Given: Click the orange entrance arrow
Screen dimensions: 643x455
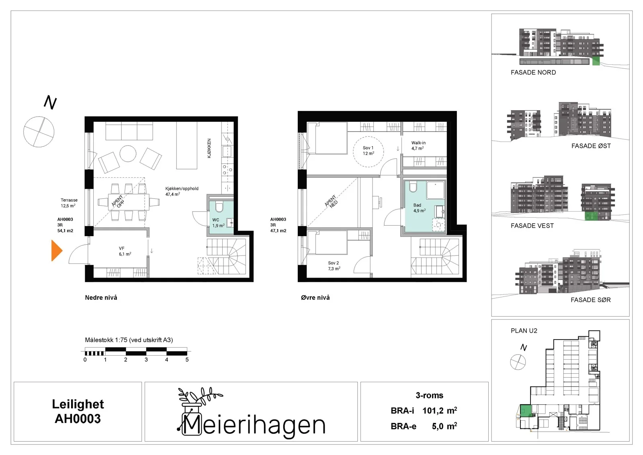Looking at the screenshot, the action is pos(57,251).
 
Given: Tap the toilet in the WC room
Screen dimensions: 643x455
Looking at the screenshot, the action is pos(219,207).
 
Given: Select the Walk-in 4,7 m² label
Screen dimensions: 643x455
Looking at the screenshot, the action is pos(418,146).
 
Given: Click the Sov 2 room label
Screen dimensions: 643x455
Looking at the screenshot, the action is pos(334,266).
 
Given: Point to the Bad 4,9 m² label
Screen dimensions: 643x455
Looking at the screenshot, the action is pos(419,208).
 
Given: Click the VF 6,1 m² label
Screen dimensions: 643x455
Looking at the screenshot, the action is pos(125,251).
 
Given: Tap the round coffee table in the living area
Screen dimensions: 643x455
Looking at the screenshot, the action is pos(128,154).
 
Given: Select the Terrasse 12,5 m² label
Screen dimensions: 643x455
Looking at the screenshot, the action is pos(69,203).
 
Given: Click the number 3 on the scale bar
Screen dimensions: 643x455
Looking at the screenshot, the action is pos(146,360).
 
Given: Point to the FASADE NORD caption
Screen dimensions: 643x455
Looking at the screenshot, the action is pos(533,72).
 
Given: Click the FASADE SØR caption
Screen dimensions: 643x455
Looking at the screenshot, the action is pos(590,300).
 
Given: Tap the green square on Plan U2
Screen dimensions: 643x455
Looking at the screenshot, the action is pos(526,410).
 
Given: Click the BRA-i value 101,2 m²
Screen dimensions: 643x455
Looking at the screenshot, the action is pos(440,410).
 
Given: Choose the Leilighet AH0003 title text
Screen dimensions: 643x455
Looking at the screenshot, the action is pos(78,411).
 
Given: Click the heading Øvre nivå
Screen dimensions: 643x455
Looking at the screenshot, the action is pos(315,298).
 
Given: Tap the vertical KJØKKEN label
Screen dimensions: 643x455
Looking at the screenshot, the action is pos(209,148).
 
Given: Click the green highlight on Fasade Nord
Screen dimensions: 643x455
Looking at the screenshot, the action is pos(596,61).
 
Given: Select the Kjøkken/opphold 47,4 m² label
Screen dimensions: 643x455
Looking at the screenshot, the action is pos(182,191).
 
